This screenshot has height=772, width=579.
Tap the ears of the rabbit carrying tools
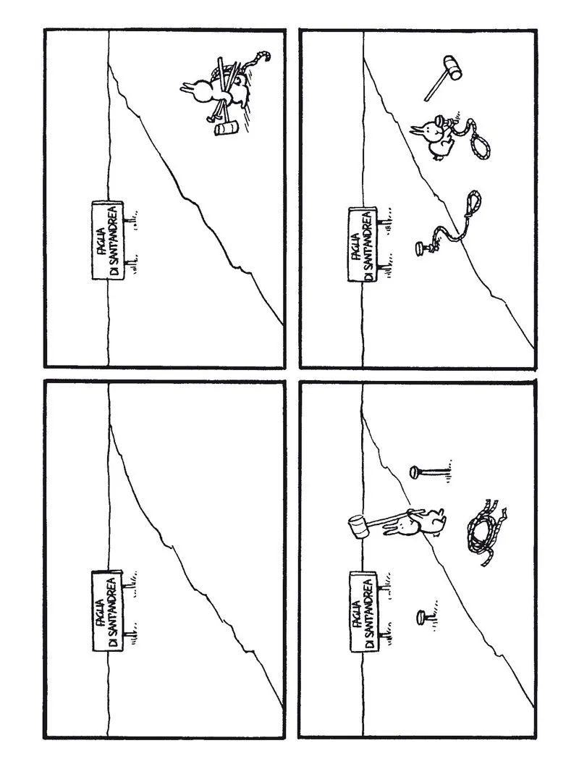coord(187,89)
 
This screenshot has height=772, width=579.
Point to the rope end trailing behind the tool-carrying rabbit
coord(260,59)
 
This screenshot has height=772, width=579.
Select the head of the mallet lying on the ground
coord(452,67)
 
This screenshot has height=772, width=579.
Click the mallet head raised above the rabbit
coord(358,526)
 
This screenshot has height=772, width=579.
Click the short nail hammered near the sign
coord(423,616)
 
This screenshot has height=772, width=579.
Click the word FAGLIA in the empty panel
coord(101,611)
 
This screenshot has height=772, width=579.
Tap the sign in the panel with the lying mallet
coord(363,244)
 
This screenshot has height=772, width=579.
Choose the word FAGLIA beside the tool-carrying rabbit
coord(101,240)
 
